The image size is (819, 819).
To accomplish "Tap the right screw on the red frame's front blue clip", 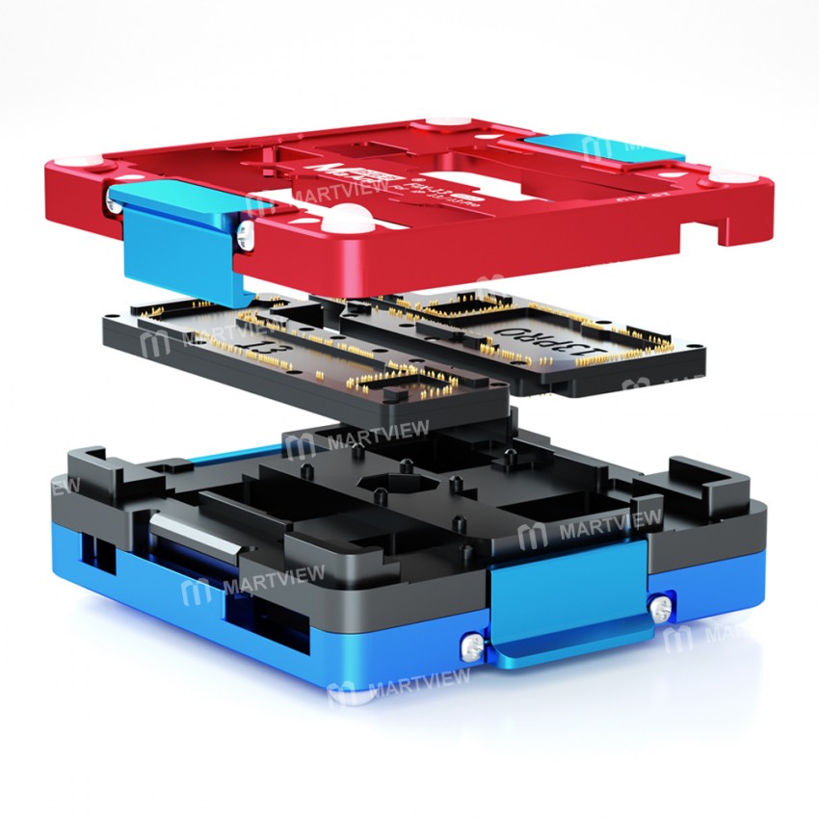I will (248, 231).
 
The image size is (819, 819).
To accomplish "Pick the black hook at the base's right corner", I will (709, 482).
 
